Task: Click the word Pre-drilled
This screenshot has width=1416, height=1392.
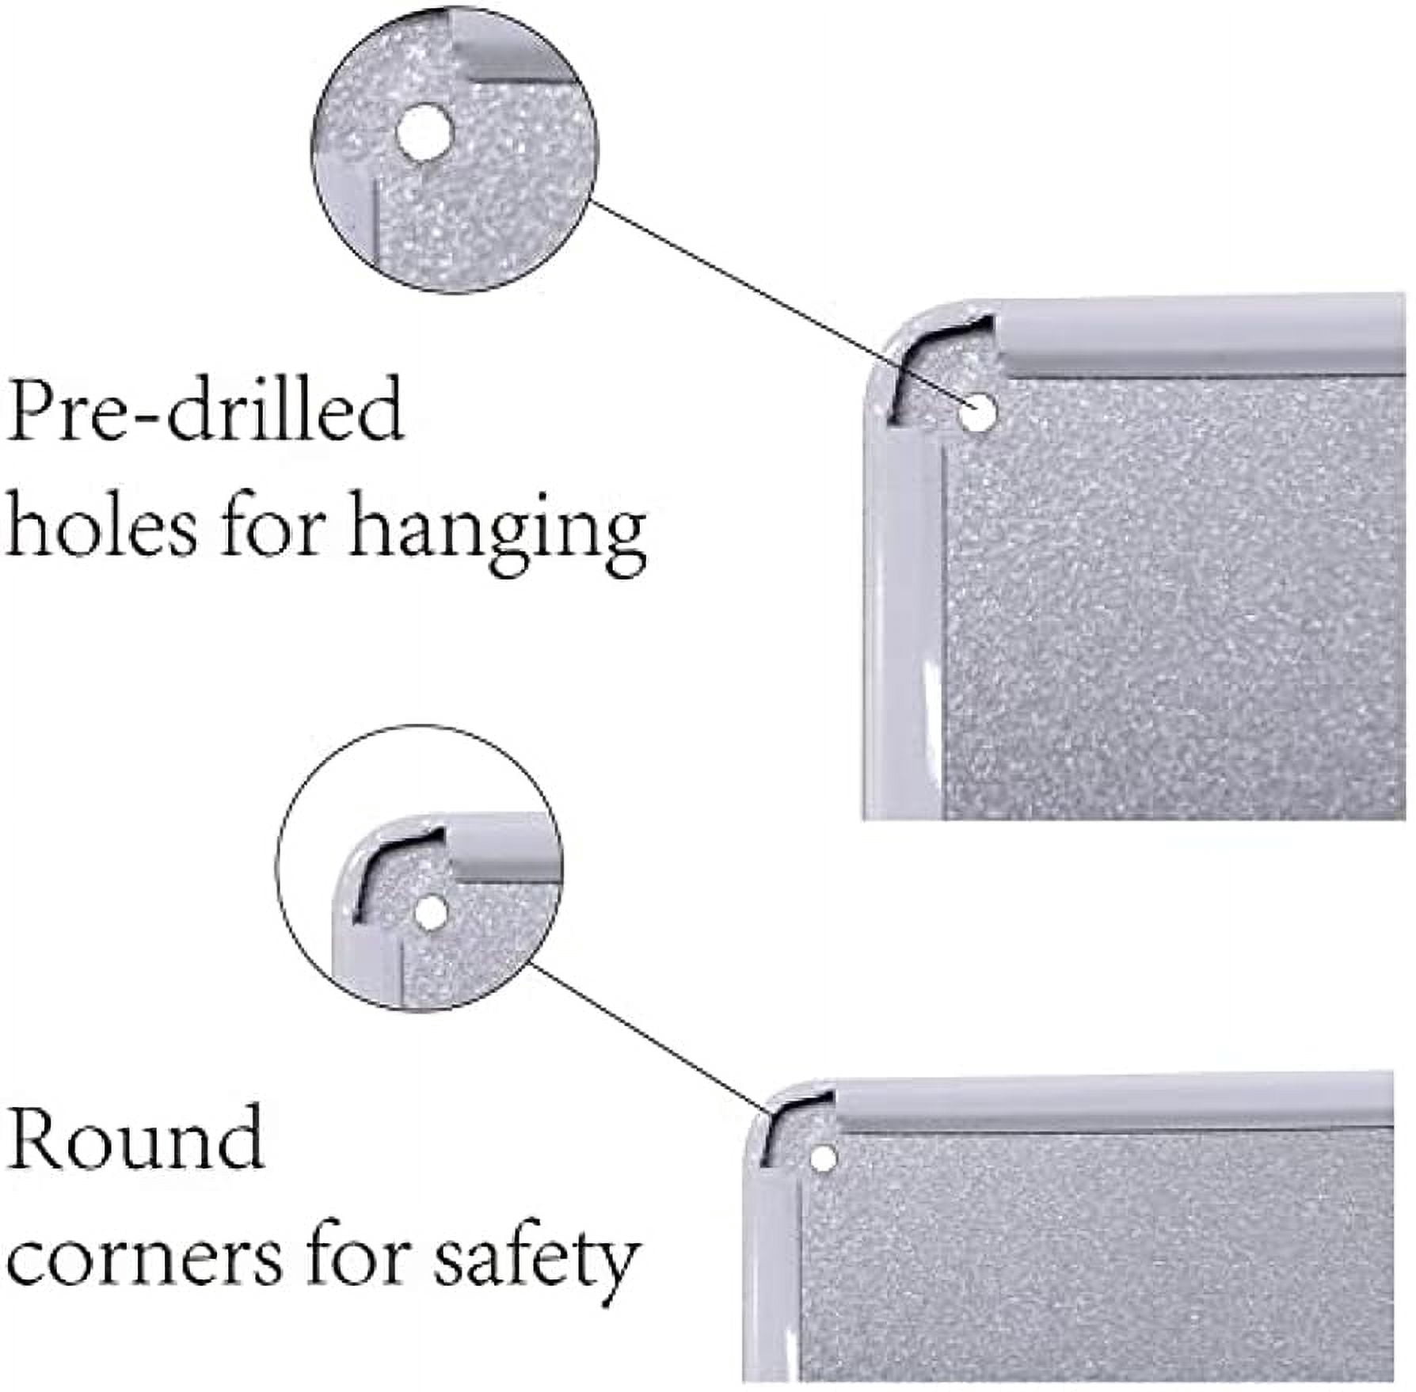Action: pos(204,409)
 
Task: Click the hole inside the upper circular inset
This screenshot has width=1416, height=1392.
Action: pos(422,133)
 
